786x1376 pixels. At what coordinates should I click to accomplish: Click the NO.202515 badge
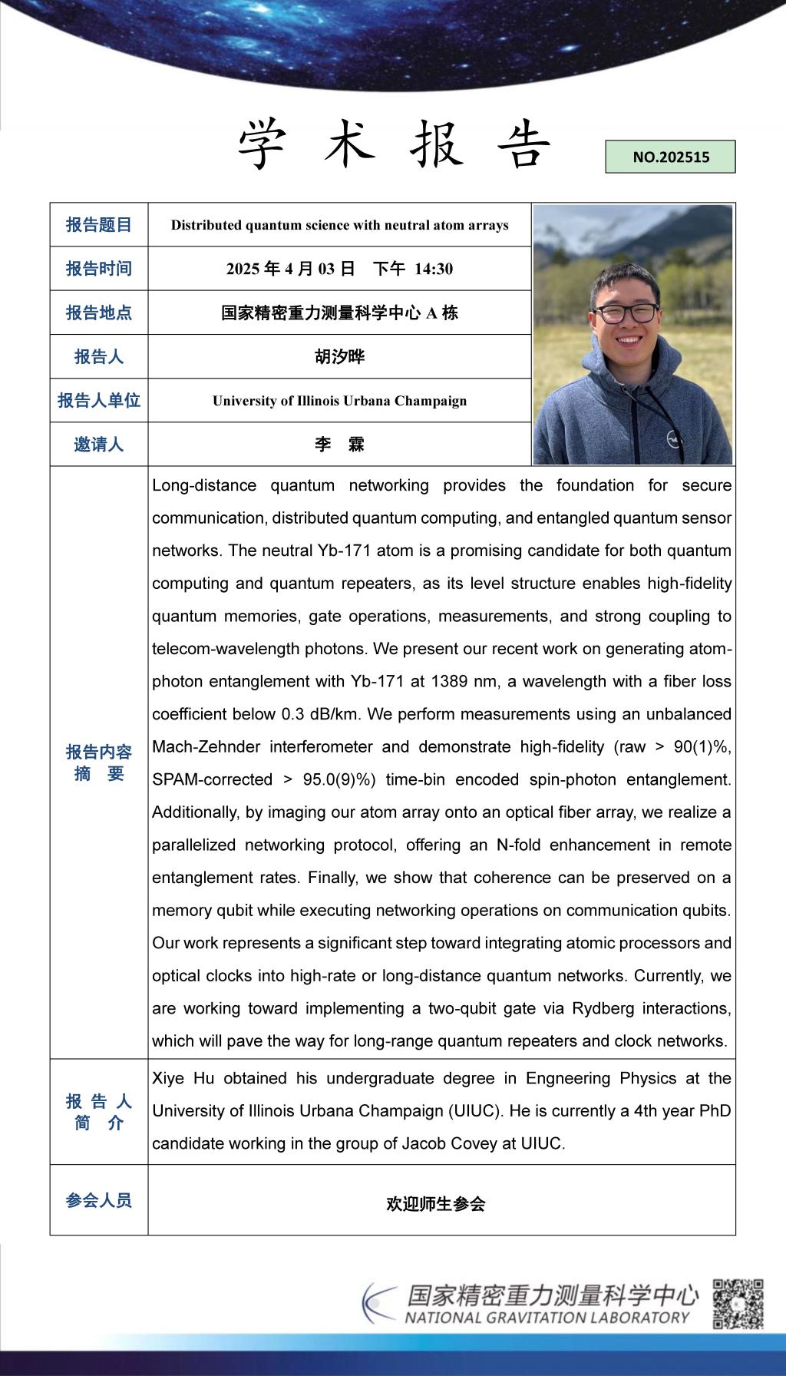pos(670,157)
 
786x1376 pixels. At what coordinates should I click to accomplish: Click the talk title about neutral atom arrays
pos(339,225)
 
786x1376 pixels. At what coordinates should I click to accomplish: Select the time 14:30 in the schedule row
pos(434,269)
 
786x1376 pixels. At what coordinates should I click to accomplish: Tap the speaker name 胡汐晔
pos(339,356)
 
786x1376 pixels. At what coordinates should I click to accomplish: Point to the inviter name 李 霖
pos(339,445)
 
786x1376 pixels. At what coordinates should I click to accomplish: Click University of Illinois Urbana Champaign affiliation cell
pos(339,401)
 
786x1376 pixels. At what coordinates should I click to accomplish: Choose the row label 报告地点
pos(99,313)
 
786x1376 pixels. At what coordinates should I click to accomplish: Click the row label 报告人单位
pos(99,401)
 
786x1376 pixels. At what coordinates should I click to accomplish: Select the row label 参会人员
pos(99,1200)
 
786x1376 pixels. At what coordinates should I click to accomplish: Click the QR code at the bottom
pos(738,1304)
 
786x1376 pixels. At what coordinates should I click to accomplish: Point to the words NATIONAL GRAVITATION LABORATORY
pos(547,1318)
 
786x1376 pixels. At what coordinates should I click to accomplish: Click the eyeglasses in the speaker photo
pos(626,313)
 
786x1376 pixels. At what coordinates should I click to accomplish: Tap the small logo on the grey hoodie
pos(673,439)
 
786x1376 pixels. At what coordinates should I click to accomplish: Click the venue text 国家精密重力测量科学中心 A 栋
pos(339,313)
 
